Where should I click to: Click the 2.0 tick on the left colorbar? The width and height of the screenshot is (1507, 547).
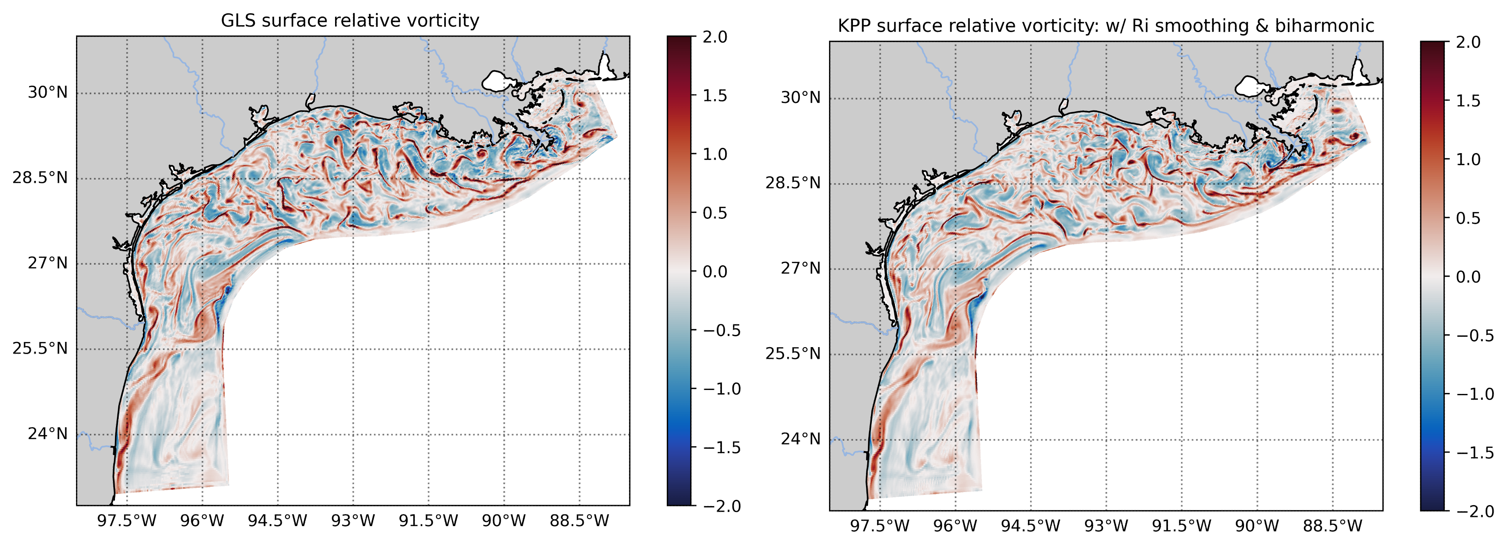point(715,37)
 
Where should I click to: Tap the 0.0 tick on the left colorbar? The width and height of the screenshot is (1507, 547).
point(715,272)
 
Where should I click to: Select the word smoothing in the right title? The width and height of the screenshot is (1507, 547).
point(1220,26)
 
